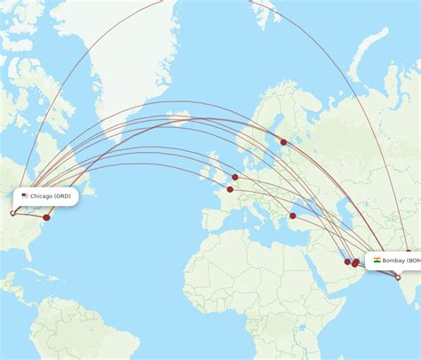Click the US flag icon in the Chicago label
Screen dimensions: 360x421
(25, 196)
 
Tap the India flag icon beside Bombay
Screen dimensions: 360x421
(377, 260)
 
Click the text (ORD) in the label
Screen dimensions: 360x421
(62, 196)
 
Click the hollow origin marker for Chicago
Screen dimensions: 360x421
(13, 212)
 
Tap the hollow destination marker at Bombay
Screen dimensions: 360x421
(398, 276)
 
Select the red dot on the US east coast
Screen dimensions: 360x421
(47, 217)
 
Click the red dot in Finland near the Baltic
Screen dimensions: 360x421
(283, 142)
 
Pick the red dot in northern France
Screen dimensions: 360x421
(230, 188)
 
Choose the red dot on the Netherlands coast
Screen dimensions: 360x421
(235, 177)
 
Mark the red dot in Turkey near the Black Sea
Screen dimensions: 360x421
(292, 215)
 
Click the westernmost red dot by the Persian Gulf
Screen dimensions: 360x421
(347, 261)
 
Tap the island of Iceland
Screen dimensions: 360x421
(180, 117)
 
